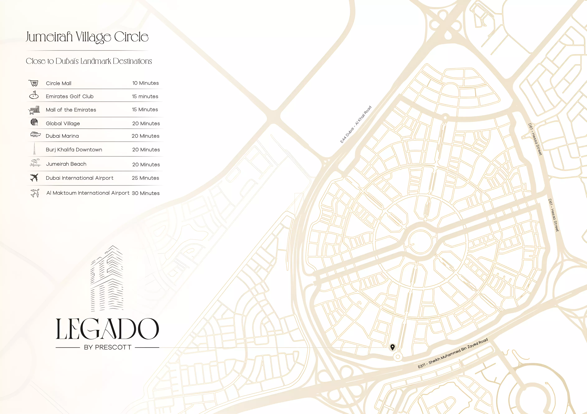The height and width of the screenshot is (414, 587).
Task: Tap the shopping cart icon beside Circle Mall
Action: (x=33, y=83)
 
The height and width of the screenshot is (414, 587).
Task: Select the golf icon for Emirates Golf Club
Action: (x=34, y=95)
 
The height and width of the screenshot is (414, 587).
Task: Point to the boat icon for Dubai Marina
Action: (x=35, y=134)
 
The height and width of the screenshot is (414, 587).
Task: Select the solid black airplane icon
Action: (x=34, y=177)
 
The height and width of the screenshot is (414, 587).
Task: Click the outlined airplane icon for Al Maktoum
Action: (x=35, y=193)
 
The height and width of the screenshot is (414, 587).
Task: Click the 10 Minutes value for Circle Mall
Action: (x=146, y=83)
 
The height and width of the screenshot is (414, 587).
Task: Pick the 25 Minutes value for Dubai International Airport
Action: (x=146, y=178)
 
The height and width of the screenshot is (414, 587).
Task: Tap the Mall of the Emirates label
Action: (x=71, y=110)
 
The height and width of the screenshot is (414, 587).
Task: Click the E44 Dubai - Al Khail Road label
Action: (x=356, y=125)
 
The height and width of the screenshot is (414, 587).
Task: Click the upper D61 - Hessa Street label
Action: (x=535, y=139)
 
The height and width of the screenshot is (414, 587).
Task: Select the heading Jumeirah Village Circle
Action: (x=87, y=37)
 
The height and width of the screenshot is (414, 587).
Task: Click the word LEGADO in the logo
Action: (x=107, y=329)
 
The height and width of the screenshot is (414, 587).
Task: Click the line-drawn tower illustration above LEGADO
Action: (x=107, y=279)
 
